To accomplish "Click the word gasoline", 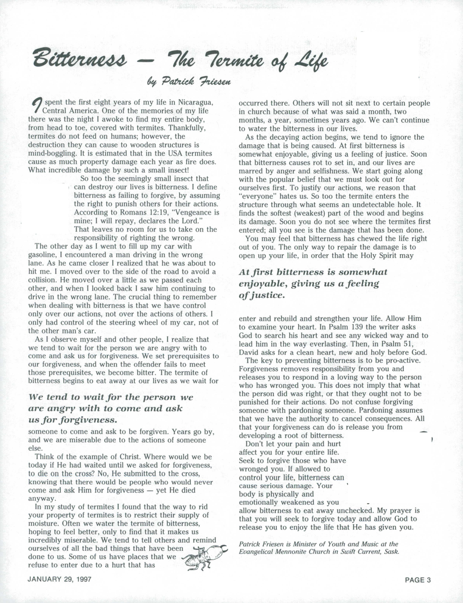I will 43,255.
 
